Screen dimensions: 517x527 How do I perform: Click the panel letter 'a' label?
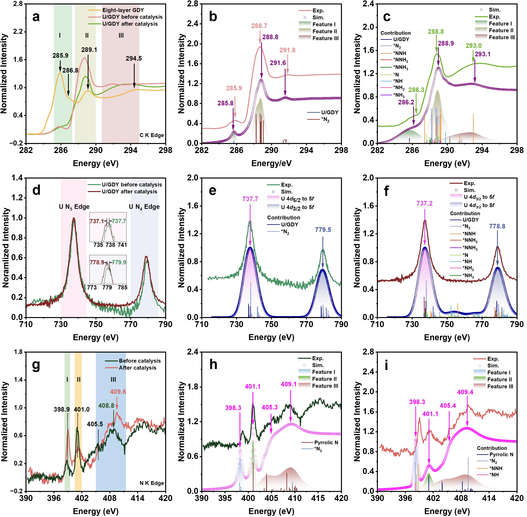(36, 17)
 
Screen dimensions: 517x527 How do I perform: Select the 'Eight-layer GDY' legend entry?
(123, 10)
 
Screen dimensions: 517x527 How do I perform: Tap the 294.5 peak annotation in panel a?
(134, 58)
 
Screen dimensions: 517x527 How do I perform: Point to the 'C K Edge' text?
(152, 135)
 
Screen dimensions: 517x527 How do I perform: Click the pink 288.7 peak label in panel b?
(259, 26)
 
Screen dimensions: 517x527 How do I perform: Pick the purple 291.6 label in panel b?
(278, 63)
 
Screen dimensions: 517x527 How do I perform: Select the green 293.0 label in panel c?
(473, 46)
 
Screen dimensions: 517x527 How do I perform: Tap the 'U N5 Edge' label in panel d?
(74, 207)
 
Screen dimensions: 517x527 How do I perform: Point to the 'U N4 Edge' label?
(144, 207)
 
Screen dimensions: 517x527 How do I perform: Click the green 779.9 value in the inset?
(119, 262)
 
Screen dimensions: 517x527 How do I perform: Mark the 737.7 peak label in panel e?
(250, 199)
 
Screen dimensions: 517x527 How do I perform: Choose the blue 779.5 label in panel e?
(323, 230)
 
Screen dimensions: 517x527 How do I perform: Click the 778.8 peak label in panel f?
(497, 226)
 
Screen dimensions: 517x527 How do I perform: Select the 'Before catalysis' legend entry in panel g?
(140, 361)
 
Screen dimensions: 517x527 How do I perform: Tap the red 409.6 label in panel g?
(118, 392)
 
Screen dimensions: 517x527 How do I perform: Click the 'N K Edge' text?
(152, 483)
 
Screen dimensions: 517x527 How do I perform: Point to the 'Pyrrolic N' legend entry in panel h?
(326, 442)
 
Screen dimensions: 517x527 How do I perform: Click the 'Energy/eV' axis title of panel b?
(271, 163)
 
